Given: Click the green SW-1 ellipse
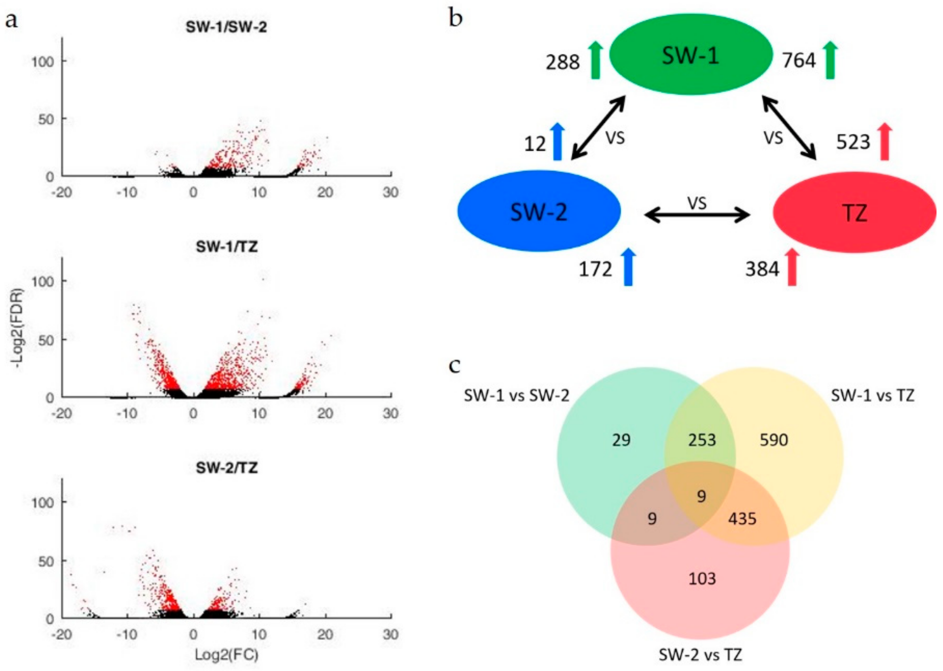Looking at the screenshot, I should click(691, 55).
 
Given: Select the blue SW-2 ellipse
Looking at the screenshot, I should click(538, 211).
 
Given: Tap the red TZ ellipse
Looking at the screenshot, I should click(854, 212).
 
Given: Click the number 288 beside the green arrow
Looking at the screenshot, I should click(563, 63).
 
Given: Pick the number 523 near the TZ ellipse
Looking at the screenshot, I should click(853, 142).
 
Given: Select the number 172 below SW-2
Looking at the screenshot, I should click(595, 270).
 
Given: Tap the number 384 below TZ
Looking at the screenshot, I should click(762, 270).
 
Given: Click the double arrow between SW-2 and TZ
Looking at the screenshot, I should click(697, 215).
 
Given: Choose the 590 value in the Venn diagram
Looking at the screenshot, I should click(774, 440).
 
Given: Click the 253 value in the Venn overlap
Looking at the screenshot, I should click(702, 440).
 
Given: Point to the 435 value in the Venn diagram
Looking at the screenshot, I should click(742, 519).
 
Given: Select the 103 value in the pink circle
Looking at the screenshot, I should click(702, 579).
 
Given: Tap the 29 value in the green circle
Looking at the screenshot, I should click(621, 440).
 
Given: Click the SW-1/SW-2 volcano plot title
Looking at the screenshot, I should click(226, 27).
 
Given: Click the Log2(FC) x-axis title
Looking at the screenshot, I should click(227, 655).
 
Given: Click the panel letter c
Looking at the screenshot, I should click(455, 365).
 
